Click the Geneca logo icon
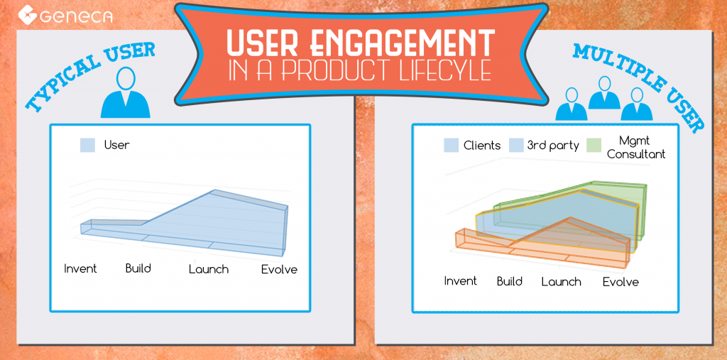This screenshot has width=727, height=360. click(x=28, y=14)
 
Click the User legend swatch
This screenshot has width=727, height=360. click(x=87, y=145)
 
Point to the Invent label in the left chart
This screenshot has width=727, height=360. click(x=80, y=268)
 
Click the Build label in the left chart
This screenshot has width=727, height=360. click(x=138, y=268)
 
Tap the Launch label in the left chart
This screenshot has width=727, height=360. click(x=208, y=269)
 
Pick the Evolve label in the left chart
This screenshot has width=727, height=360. click(x=279, y=270)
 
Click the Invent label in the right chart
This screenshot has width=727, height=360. click(x=460, y=280)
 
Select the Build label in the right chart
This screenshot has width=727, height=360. click(x=510, y=281)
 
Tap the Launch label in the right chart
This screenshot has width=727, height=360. click(x=561, y=282)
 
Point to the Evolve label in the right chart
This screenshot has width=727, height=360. click(x=621, y=282)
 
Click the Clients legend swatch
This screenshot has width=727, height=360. click(x=451, y=145)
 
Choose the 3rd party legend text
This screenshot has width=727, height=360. click(x=553, y=146)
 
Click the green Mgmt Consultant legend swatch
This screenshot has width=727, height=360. click(x=594, y=145)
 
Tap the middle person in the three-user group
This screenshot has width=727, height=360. click(x=604, y=93)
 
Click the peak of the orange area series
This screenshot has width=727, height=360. click(x=570, y=217)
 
